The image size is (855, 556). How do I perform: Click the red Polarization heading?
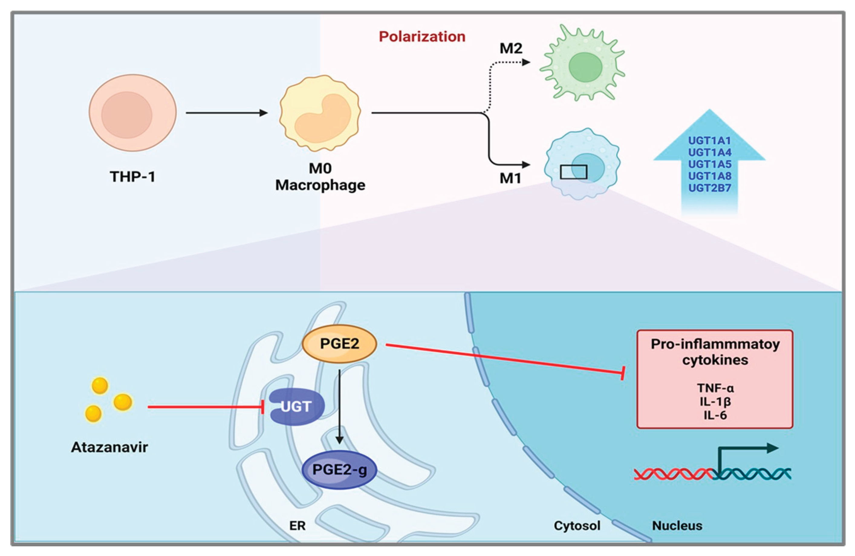[x=422, y=37]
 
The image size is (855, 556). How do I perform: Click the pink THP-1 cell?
[x=132, y=113]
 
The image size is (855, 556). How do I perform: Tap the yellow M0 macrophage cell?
[x=320, y=113]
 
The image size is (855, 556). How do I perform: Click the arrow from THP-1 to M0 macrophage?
[x=226, y=113]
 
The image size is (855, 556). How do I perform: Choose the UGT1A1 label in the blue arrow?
[x=710, y=141]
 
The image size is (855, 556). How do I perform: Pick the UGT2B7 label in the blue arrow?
[x=710, y=188]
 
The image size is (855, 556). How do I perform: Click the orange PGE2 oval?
[x=339, y=344]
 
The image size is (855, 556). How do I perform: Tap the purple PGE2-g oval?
[x=339, y=469]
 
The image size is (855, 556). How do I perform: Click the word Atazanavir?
[x=109, y=447]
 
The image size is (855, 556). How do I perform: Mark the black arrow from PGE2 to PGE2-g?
[x=339, y=406]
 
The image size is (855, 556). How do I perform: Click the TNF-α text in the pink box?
[x=715, y=388]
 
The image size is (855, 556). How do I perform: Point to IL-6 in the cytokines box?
[x=715, y=415]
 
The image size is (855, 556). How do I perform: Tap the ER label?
[x=297, y=525]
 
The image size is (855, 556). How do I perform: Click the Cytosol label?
[x=577, y=525]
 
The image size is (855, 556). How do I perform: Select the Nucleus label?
[x=677, y=525]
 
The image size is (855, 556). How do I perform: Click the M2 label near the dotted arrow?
[x=510, y=48]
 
